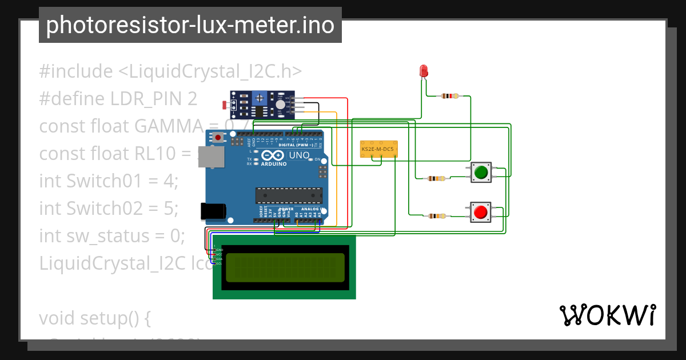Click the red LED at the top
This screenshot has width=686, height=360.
pyautogui.click(x=424, y=71)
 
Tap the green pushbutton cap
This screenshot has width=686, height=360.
pyautogui.click(x=481, y=172)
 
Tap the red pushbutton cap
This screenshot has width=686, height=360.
pyautogui.click(x=481, y=213)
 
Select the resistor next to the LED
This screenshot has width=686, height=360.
pyautogui.click(x=450, y=96)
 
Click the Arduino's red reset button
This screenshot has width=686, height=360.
pyautogui.click(x=218, y=137)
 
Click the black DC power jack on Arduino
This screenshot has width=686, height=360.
pyautogui.click(x=212, y=211)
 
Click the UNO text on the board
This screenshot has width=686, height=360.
pyautogui.click(x=299, y=155)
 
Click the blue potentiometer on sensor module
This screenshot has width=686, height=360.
pyautogui.click(x=261, y=99)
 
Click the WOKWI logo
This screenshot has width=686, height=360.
pyautogui.click(x=607, y=315)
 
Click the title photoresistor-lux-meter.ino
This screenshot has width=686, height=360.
pyautogui.click(x=190, y=25)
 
